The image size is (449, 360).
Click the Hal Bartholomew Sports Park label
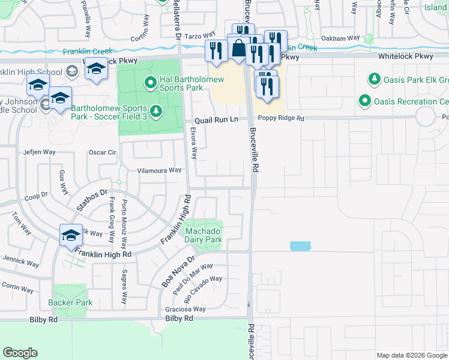click(191, 83)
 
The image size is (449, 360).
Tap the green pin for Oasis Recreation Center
click(364, 101)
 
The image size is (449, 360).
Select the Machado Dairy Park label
click(203, 235)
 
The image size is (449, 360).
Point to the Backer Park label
click(73, 302)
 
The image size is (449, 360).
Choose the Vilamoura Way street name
click(159, 170)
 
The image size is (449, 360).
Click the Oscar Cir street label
click(102, 152)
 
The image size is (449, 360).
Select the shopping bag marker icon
click(239, 49)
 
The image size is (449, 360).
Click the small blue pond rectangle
click(300, 246)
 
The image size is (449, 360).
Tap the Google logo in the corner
click(20, 353)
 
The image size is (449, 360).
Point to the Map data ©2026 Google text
click(412, 355)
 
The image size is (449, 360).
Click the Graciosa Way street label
click(186, 309)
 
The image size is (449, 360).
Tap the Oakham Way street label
click(340, 38)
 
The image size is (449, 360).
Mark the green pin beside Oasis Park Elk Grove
click(375, 79)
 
